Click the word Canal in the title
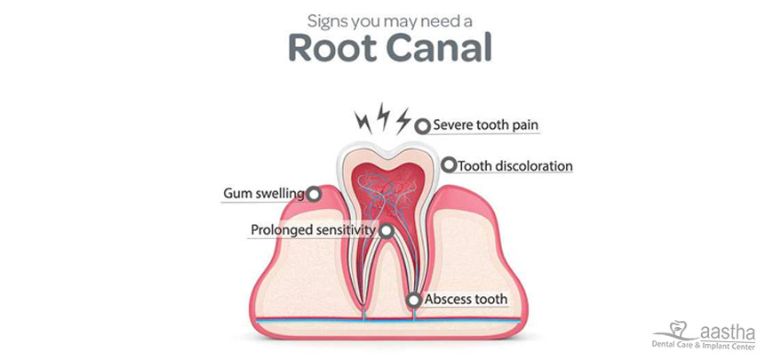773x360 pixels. [x=436, y=49]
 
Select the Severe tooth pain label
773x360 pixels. [x=485, y=125]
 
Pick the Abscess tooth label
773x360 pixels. [x=466, y=300]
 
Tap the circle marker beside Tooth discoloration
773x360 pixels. [x=449, y=165]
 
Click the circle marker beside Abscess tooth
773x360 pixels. [x=413, y=300]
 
